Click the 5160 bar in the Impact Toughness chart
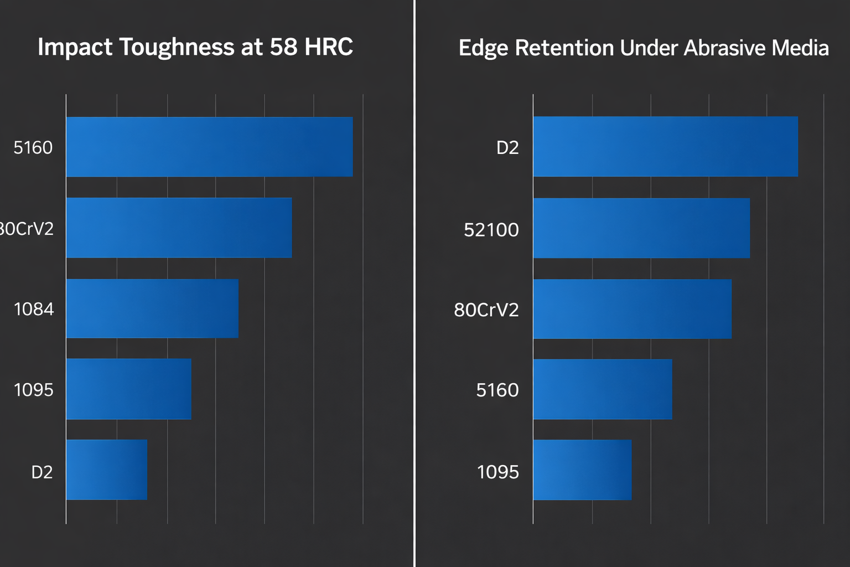click(209, 147)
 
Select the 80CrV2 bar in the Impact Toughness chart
click(179, 228)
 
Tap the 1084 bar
click(152, 308)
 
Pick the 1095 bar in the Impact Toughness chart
click(128, 389)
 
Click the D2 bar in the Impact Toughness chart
click(106, 470)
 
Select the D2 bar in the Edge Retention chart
click(665, 147)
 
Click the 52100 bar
click(641, 228)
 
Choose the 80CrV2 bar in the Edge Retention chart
click(632, 309)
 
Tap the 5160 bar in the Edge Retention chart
click(603, 389)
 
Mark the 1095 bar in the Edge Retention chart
click(582, 470)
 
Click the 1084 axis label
click(34, 309)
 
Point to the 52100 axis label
click(491, 230)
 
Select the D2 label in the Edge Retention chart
click(507, 148)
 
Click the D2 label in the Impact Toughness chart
click(42, 472)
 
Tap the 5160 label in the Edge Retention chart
click(497, 390)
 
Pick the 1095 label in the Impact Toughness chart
click(34, 390)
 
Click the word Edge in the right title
click(483, 49)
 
